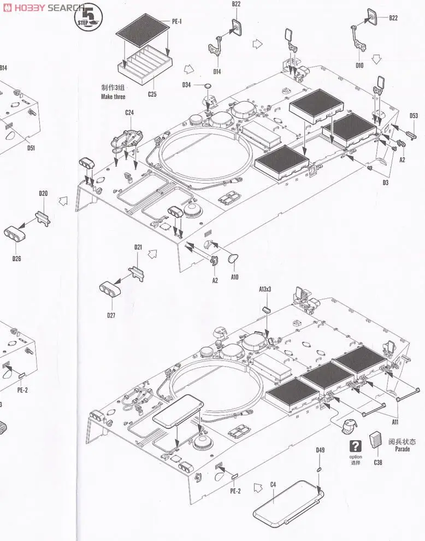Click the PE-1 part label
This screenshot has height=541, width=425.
pos(177,21)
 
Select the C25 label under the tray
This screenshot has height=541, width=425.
pos(152,95)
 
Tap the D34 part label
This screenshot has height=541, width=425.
pos(187,85)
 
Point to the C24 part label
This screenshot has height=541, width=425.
pos(129,113)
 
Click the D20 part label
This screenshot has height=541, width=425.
pos(43,193)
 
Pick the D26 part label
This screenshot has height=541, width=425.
pos(16,258)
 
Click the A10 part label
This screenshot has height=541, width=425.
pos(234,277)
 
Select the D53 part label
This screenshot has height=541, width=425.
pos(414,115)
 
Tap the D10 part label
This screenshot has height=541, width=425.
pos(359,66)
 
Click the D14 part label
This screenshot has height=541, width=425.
pos(217,72)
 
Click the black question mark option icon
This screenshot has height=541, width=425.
pos(356,445)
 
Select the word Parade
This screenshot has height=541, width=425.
pos(403,449)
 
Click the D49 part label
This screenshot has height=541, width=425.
pos(320,450)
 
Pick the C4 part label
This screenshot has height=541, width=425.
pos(273,485)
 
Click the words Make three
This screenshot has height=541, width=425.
pos(113,97)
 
